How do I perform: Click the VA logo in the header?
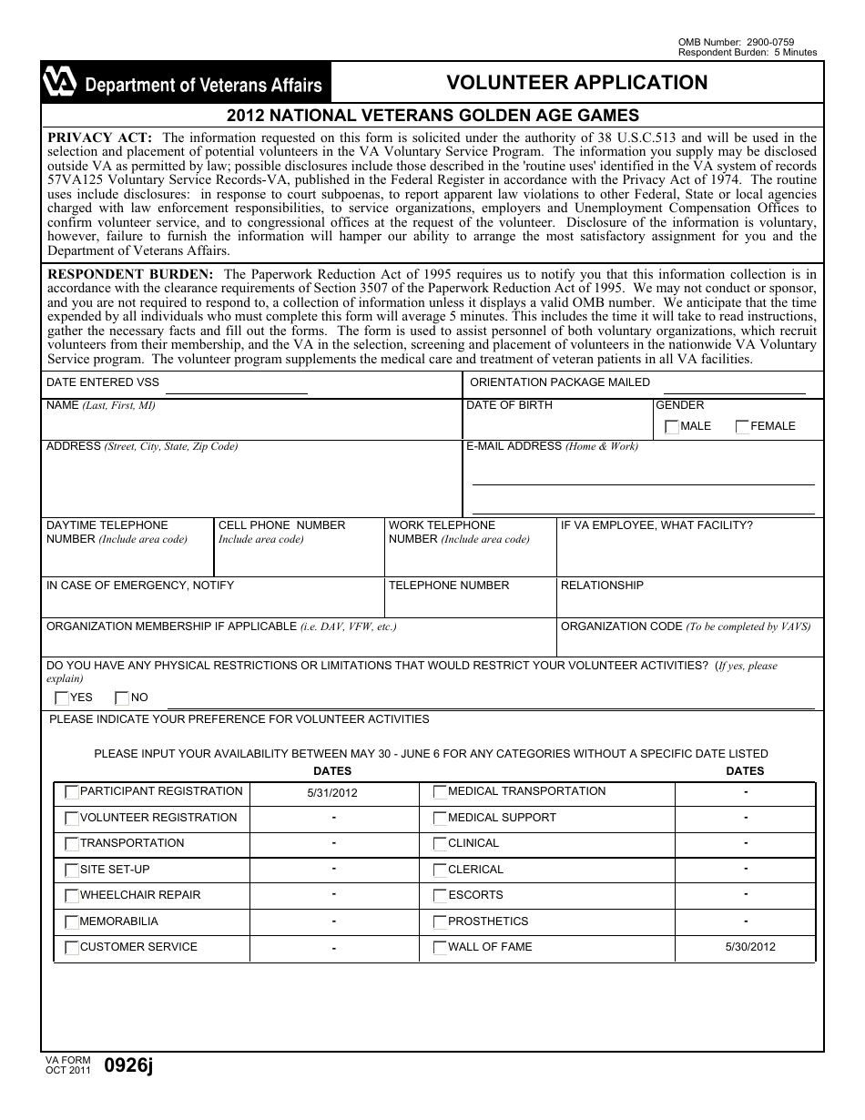pos(59,84)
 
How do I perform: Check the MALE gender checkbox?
pos(672,427)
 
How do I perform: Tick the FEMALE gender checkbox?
pos(743,427)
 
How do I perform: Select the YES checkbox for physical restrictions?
pos(62,698)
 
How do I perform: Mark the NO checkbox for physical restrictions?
pos(122,698)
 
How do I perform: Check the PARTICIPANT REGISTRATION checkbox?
pos(72,792)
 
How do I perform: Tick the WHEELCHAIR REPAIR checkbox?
pos(72,896)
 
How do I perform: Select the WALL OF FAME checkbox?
pos(440,948)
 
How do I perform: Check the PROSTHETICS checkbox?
pos(440,922)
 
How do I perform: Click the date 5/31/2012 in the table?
pos(332,793)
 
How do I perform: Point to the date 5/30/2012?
pos(750,947)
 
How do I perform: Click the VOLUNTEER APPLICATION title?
pos(576,83)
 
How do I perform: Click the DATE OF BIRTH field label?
pos(509,405)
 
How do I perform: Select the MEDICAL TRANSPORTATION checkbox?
pos(440,792)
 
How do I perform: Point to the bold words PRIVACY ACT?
pos(100,138)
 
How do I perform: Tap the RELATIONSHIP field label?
pos(602,585)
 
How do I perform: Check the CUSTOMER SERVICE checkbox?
pos(72,948)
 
